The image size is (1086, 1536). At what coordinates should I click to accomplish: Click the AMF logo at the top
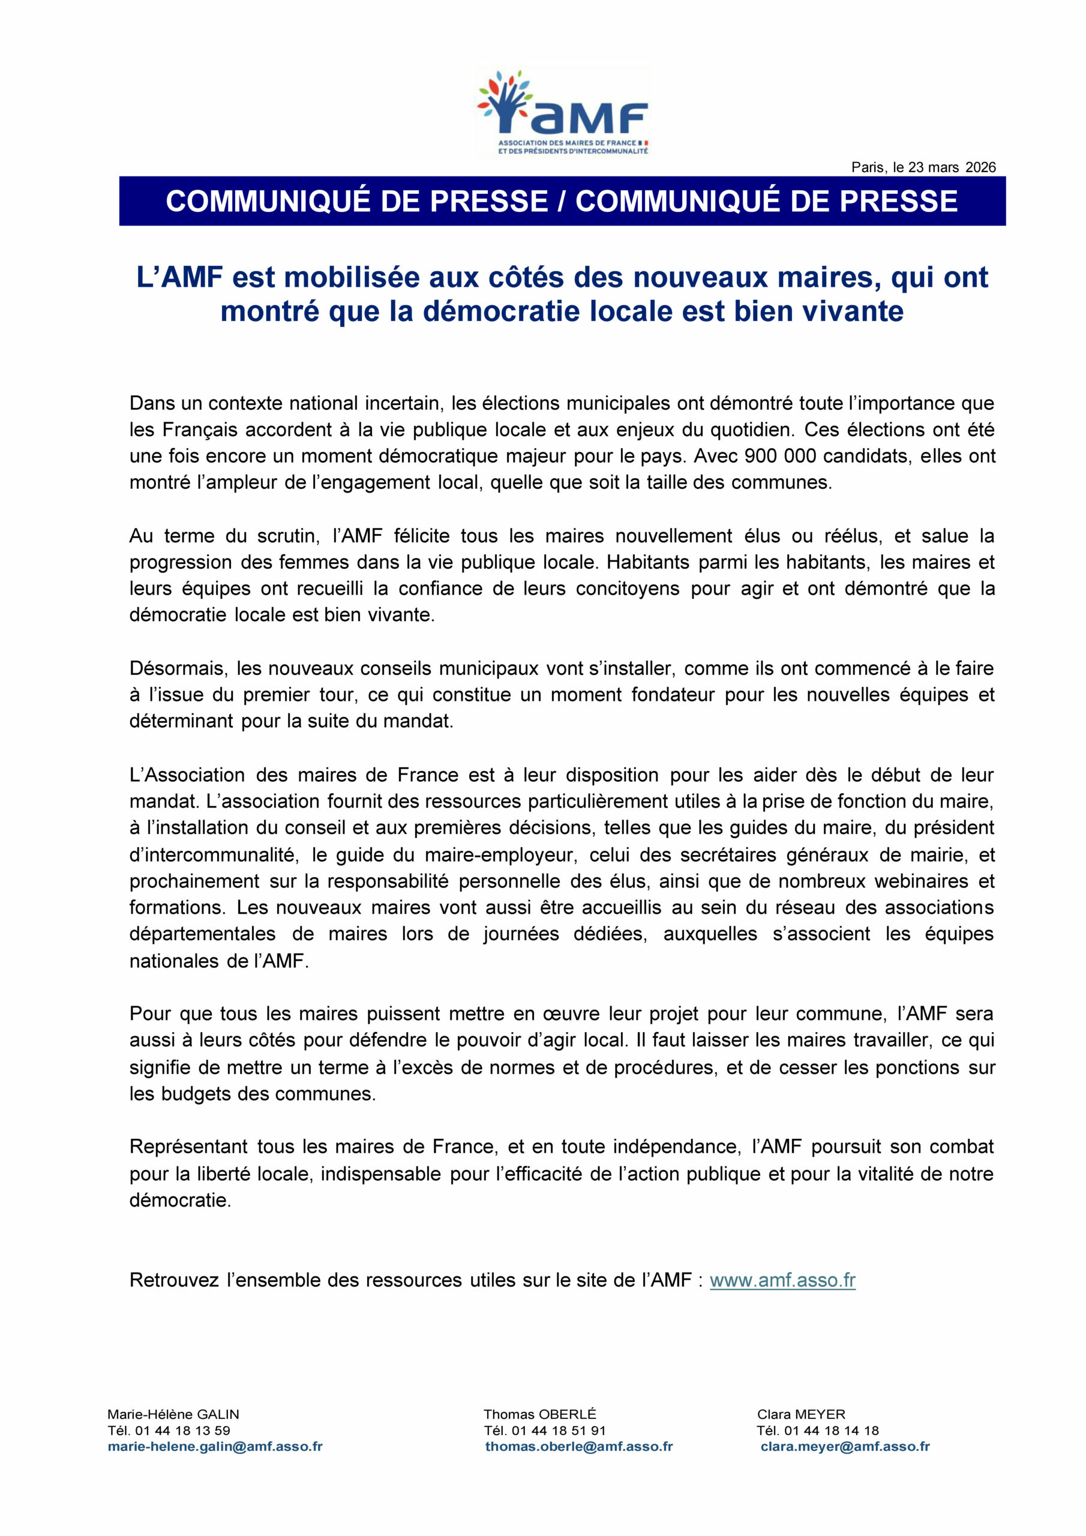562,112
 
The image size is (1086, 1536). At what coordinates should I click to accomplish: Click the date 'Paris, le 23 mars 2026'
923,167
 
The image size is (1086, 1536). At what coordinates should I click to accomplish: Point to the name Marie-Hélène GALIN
173,1414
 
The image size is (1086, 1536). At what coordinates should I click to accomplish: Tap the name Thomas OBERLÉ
539,1414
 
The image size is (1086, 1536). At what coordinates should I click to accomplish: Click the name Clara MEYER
801,1414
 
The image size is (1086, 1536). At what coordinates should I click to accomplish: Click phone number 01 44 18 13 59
182,1430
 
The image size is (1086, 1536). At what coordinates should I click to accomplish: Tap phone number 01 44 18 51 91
558,1430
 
